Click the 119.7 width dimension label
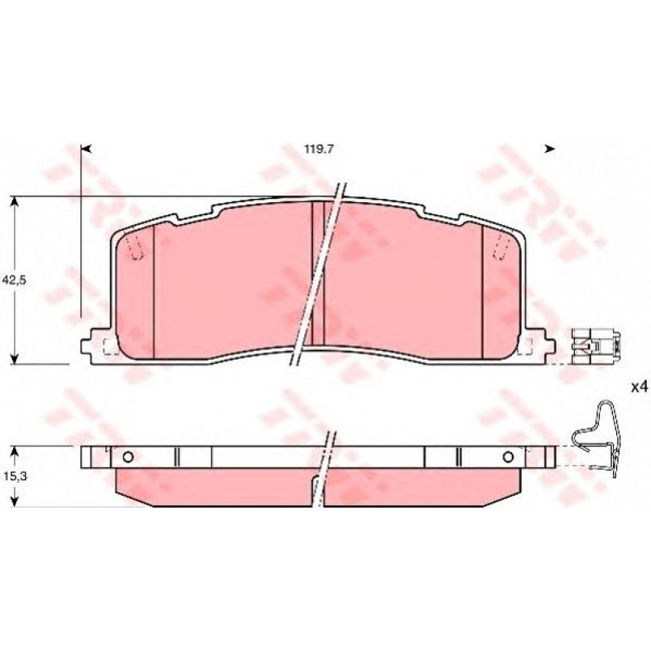coord(319,149)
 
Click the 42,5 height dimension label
coord(14,281)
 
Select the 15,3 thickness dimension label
coord(14,476)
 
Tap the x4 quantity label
coord(640,388)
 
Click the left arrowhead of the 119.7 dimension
coord(87,149)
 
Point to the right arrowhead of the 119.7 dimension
coord(550,149)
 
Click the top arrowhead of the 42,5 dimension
coord(15,202)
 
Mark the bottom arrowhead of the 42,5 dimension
coord(15,359)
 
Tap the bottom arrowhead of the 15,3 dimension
coord(15,501)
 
